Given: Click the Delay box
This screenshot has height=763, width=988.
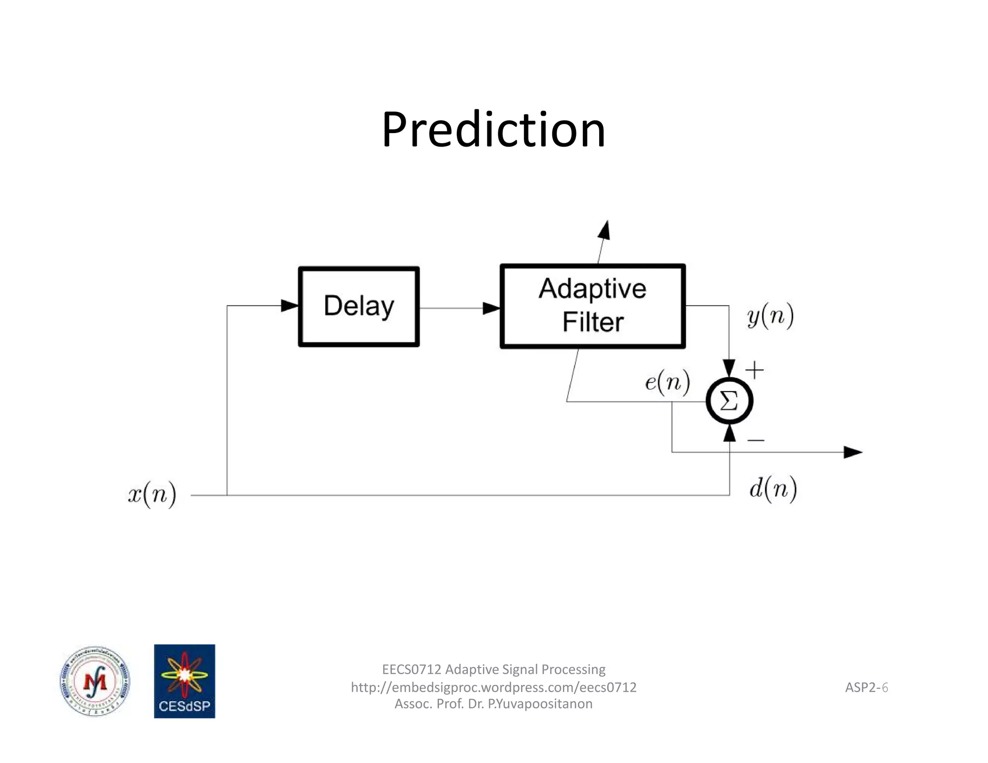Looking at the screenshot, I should pyautogui.click(x=359, y=306).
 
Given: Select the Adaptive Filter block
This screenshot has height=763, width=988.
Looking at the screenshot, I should pyautogui.click(x=592, y=306).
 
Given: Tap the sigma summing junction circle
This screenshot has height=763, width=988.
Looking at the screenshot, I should pyautogui.click(x=729, y=401).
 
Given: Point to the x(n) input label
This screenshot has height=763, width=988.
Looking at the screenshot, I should pyautogui.click(x=152, y=494).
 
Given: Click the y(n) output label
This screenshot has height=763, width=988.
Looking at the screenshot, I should pyautogui.click(x=770, y=316).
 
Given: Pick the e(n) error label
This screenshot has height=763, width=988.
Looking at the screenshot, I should pyautogui.click(x=667, y=382).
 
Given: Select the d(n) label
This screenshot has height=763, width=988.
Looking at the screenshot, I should pyautogui.click(x=772, y=489).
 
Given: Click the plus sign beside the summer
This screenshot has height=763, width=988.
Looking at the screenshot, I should pyautogui.click(x=755, y=370).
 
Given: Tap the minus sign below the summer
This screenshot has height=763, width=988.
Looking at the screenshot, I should pyautogui.click(x=755, y=440).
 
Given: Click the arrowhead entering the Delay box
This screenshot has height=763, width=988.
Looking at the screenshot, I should pyautogui.click(x=289, y=305).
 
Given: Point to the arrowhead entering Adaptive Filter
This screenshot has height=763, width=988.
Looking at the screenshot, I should pyautogui.click(x=491, y=308).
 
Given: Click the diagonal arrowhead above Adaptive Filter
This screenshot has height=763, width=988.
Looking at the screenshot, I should pyautogui.click(x=604, y=230).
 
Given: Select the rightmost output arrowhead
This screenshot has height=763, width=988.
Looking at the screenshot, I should pyautogui.click(x=852, y=452).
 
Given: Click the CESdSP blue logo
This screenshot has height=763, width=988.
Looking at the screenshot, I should pyautogui.click(x=184, y=681).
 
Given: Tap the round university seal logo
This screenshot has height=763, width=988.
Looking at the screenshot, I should pyautogui.click(x=95, y=681).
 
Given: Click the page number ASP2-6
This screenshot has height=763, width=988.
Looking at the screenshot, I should pyautogui.click(x=866, y=687).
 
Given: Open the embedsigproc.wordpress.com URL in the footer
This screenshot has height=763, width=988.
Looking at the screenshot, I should pyautogui.click(x=493, y=687).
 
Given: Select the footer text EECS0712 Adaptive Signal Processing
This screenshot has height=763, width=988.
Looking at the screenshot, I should pyautogui.click(x=493, y=669).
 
